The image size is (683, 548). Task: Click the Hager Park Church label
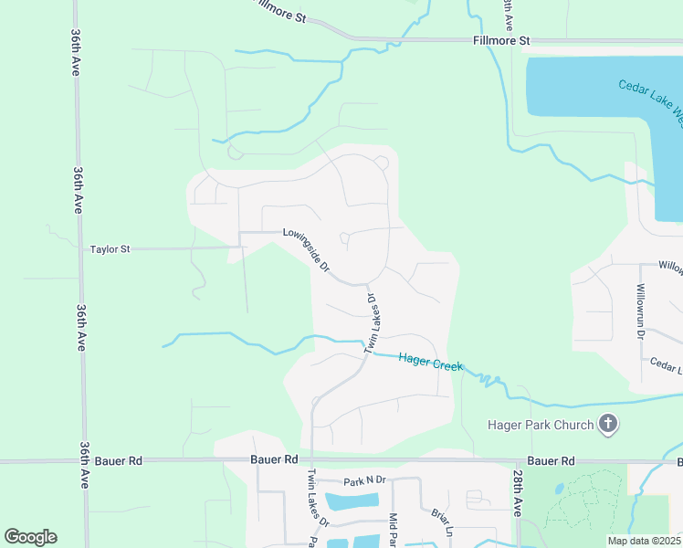click(x=541, y=424)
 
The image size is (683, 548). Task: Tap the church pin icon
click(x=608, y=423)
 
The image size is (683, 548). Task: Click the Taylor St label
click(x=110, y=248)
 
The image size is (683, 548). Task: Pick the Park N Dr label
click(x=365, y=481)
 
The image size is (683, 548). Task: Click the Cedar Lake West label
click(x=650, y=99)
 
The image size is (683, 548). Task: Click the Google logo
click(x=30, y=537)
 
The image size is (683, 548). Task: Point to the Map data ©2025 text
click(x=644, y=540)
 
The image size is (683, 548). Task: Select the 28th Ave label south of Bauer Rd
click(x=518, y=494)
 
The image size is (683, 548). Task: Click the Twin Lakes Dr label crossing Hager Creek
click(x=372, y=322)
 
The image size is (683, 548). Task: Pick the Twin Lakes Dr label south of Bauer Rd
click(x=317, y=498)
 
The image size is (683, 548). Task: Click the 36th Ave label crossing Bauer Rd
click(x=83, y=465)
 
